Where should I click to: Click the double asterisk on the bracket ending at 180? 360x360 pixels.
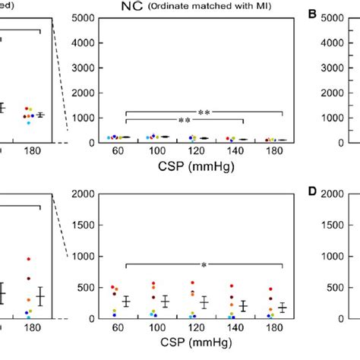[x=204, y=113]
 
